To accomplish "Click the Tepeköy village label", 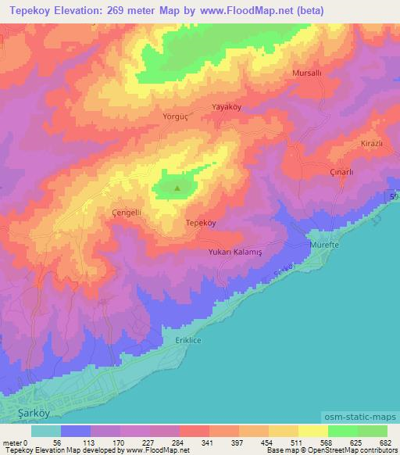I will (x=200, y=223).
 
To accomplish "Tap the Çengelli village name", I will (x=127, y=212).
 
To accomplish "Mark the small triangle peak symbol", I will (x=177, y=187).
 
